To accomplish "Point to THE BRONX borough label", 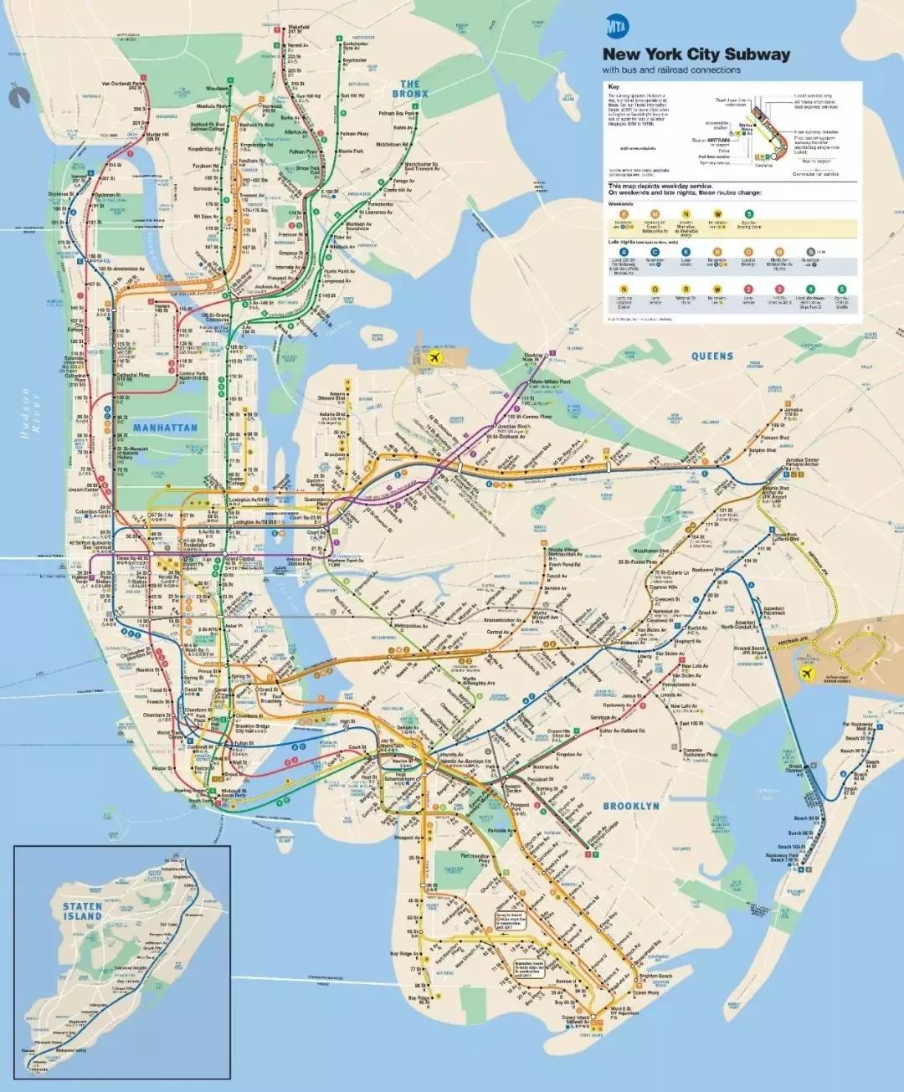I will click(409, 89).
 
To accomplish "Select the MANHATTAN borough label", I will click(165, 428).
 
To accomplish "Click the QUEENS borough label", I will click(712, 356).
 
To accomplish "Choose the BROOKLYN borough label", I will click(631, 806).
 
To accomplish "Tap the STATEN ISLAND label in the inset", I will click(82, 911).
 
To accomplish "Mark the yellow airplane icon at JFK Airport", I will click(809, 674).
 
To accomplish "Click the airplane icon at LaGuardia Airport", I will click(434, 357).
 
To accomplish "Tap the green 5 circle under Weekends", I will click(749, 215).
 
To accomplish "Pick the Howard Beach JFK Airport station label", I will click(749, 651).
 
